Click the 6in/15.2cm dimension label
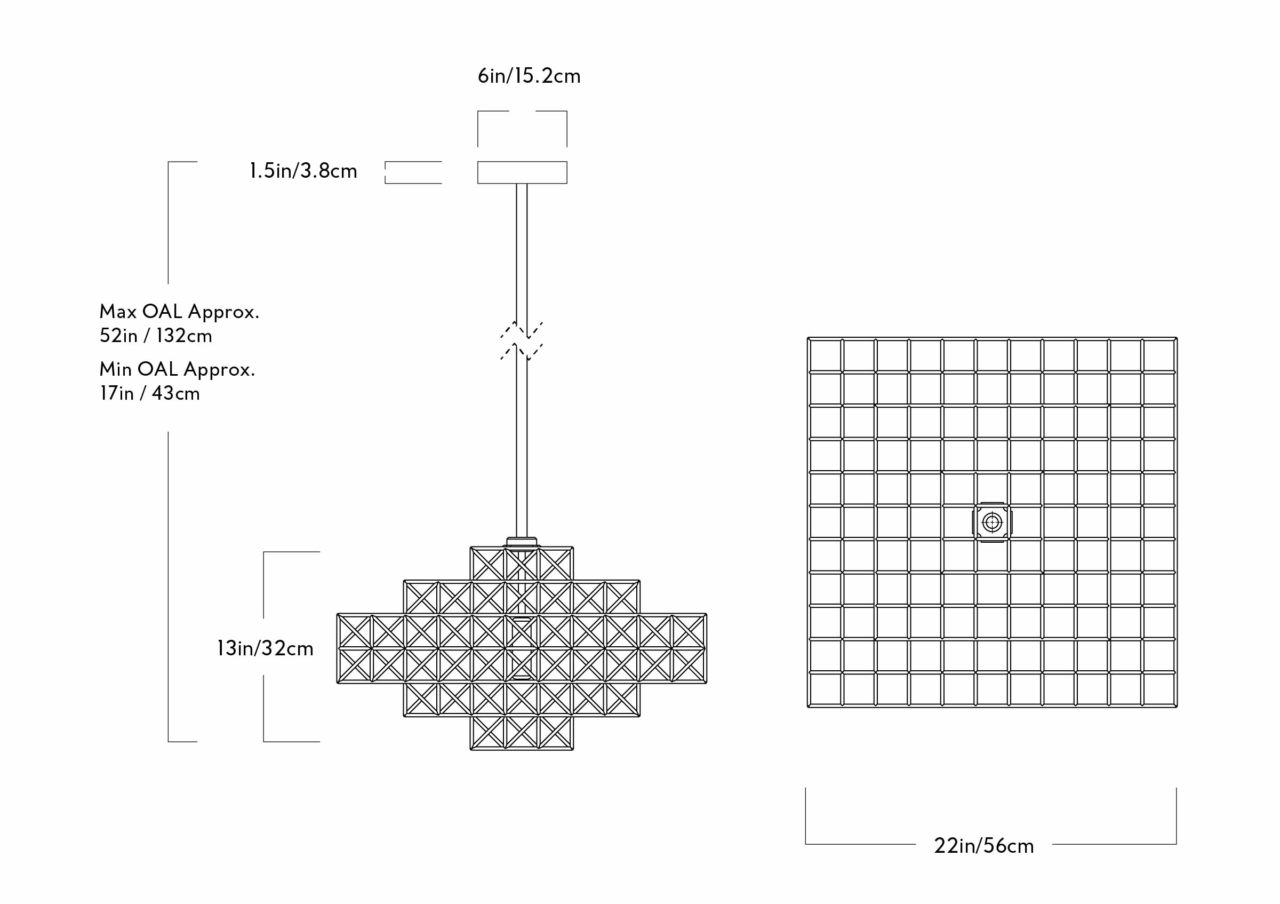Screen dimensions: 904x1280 529,76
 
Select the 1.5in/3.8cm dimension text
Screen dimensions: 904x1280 303,171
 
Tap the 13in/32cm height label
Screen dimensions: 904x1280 265,648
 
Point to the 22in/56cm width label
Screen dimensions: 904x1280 983,846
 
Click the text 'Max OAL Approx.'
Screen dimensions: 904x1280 179,311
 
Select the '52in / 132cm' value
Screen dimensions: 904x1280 156,336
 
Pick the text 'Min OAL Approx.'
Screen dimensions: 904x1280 177,369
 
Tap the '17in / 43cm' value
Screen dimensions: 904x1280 149,394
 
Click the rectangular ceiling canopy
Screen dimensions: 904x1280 522,172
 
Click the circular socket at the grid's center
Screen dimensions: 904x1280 992,522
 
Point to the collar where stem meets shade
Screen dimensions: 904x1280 522,542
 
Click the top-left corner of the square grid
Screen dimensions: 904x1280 809,338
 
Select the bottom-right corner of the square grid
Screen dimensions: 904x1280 1176,706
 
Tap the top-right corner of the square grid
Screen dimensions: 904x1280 1176,338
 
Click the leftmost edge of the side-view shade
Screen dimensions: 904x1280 338,648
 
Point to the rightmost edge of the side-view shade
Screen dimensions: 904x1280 706,648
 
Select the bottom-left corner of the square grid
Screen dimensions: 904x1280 809,706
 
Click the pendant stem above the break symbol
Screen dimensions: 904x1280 522,251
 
